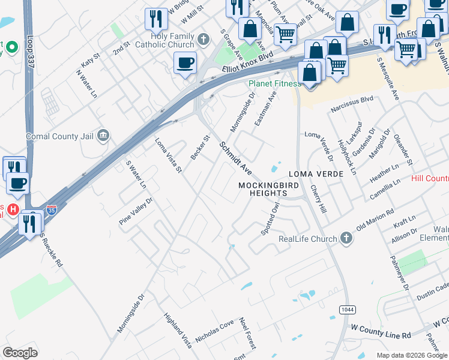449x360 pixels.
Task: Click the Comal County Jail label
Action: pos(60,137)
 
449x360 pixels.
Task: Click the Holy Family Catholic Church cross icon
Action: pos(203,40)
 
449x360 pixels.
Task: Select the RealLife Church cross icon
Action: pos(346,238)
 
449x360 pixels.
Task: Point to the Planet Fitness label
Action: pos(274,83)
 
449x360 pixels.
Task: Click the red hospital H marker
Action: pos(13,209)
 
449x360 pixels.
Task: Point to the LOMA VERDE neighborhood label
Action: pos(316,174)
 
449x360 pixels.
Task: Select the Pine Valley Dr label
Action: pos(136,208)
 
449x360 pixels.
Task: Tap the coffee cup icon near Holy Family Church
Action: pos(185,62)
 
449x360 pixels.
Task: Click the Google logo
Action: pos(20,353)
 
